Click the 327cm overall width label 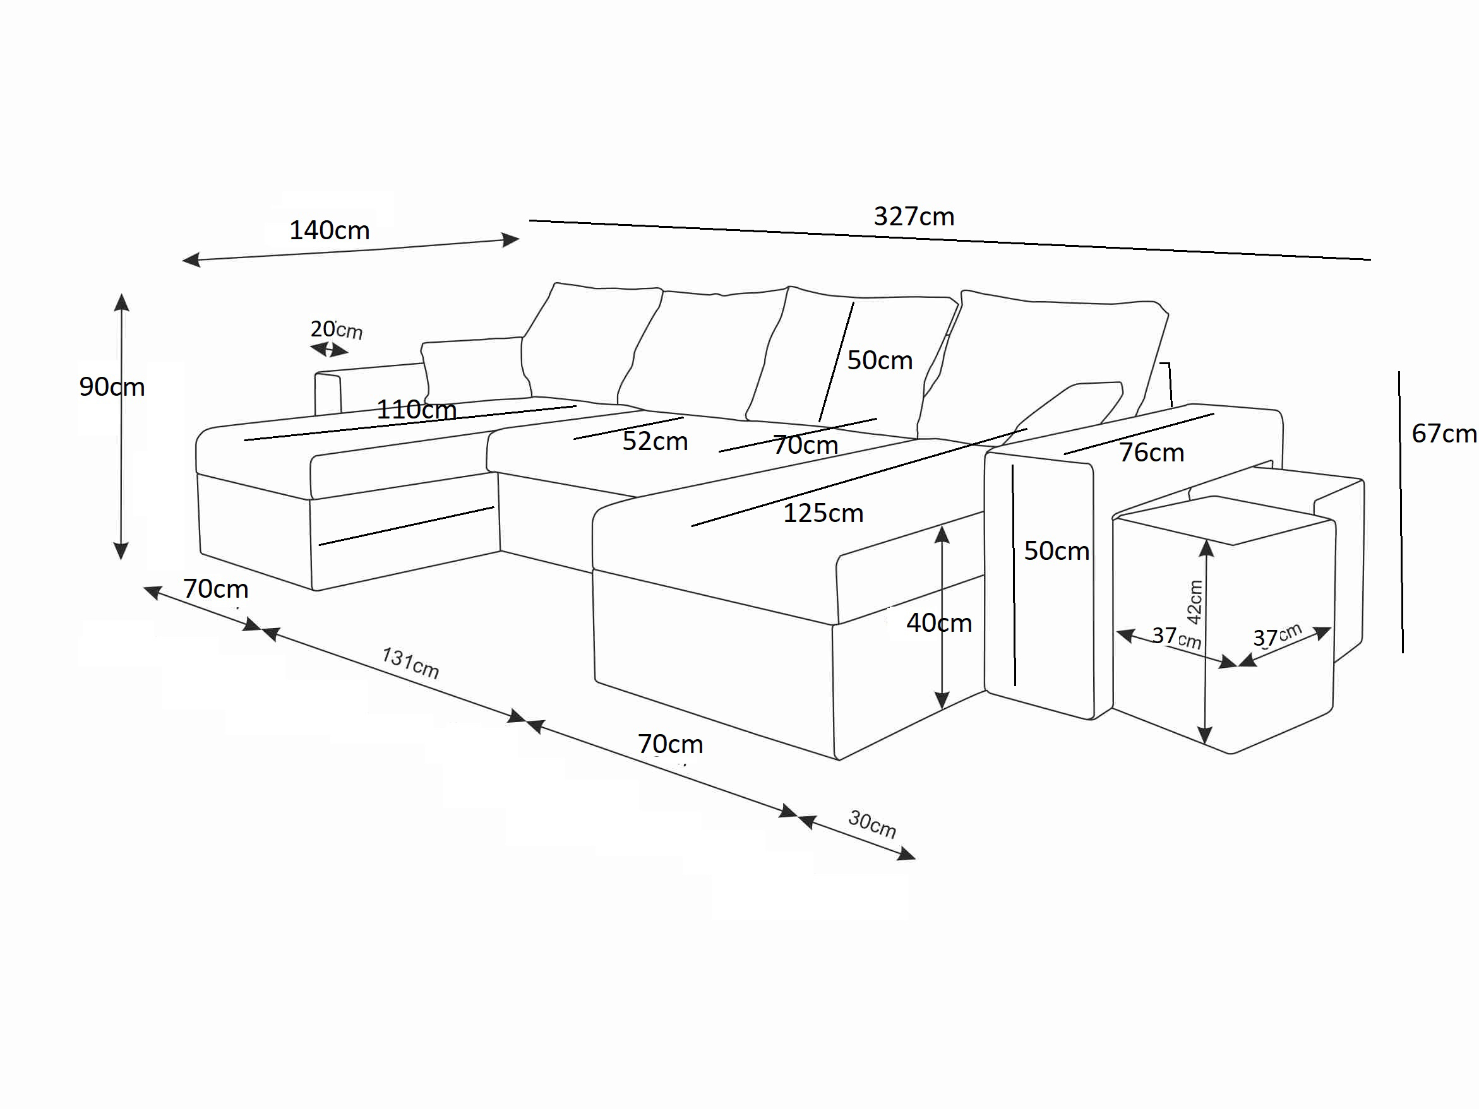point(913,216)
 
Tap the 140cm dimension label point(329,230)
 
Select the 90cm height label point(112,387)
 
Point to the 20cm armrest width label point(337,329)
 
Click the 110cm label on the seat point(416,409)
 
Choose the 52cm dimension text point(655,441)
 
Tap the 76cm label point(1151,453)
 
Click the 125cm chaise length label point(823,513)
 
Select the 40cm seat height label point(939,623)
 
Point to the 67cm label point(1444,434)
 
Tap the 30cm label point(872,824)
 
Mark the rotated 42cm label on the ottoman point(1194,602)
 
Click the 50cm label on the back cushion point(879,360)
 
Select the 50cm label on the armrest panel point(1057,551)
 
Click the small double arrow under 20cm point(329,350)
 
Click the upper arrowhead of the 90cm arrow point(121,302)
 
